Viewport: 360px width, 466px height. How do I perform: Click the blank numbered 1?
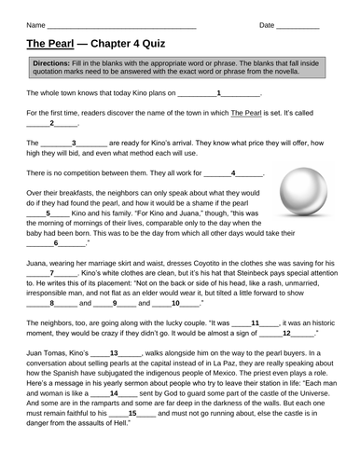(x=218, y=94)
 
